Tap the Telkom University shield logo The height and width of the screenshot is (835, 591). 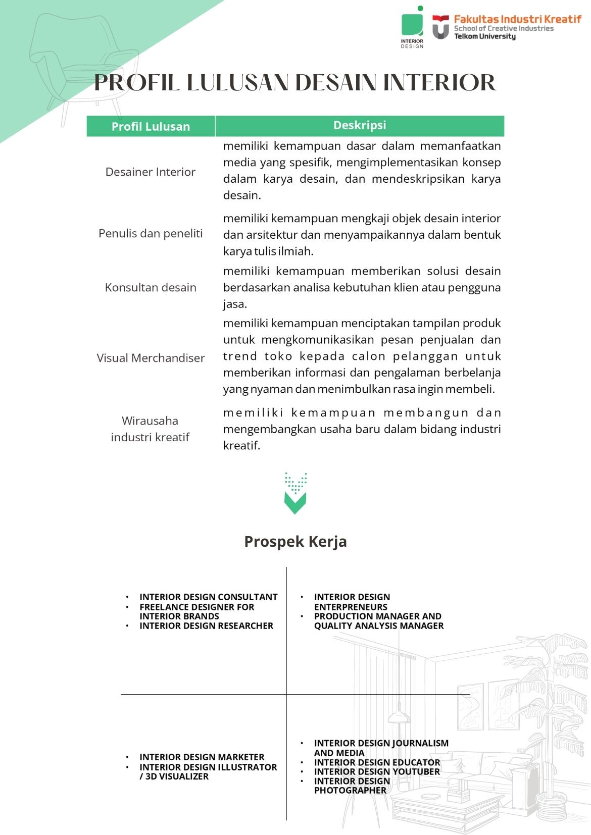[x=440, y=27]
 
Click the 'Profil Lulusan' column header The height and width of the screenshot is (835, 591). [x=151, y=126]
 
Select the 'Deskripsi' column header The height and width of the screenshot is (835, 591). [x=359, y=125]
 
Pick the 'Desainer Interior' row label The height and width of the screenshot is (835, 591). [x=150, y=172]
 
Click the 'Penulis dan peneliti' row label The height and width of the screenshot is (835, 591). [x=150, y=233]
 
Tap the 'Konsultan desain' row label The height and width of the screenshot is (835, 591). [x=150, y=287]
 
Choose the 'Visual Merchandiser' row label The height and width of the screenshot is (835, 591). [x=151, y=358]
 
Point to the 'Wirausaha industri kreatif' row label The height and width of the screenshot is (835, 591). [x=150, y=429]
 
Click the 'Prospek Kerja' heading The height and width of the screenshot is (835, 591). [x=295, y=541]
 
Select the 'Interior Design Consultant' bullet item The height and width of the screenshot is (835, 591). [x=208, y=597]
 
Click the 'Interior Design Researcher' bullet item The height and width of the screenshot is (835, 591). [x=206, y=626]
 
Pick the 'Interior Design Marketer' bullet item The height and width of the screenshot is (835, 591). [x=202, y=757]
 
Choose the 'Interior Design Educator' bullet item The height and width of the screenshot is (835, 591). [x=377, y=762]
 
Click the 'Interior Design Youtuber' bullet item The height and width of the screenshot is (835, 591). [x=377, y=771]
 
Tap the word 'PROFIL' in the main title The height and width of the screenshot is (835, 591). [x=136, y=83]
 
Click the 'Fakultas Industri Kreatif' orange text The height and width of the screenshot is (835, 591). [x=517, y=19]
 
